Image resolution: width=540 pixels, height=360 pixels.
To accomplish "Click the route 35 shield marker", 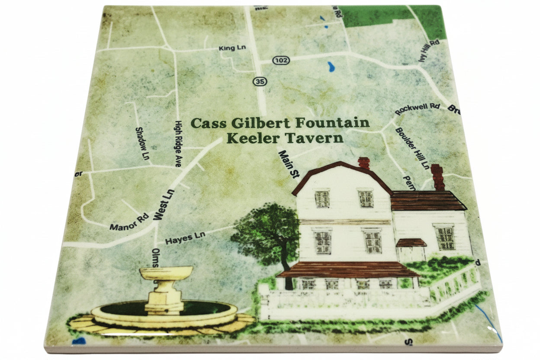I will tap(259, 81).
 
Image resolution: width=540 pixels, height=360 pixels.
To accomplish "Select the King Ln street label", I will tap(232, 48).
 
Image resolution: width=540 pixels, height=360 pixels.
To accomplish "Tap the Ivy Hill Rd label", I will tap(429, 51).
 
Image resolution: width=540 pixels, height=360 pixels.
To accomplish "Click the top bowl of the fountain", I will tap(166, 273).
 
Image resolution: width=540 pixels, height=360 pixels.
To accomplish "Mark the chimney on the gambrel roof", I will tap(364, 163).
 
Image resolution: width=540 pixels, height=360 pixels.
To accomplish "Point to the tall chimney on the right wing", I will tap(437, 177).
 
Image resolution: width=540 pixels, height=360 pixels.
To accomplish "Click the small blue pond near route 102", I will tap(331, 67).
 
